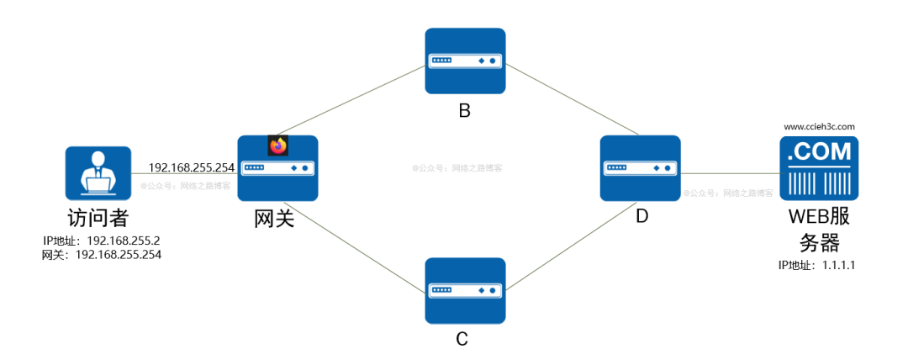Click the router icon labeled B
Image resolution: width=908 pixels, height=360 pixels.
tap(465, 61)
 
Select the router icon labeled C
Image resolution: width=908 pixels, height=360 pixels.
tap(465, 290)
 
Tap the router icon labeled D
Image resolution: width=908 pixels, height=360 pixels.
tap(640, 168)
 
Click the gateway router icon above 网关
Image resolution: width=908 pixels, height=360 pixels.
tap(277, 168)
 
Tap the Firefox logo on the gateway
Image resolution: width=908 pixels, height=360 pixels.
tap(277, 146)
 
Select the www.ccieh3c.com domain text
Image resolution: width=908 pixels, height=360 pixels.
tap(819, 127)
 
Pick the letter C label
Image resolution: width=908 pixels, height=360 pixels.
tap(462, 339)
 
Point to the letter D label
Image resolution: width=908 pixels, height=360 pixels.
tap(641, 216)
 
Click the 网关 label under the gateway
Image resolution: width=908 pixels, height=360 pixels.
tap(275, 219)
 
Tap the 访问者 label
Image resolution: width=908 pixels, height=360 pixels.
tap(98, 218)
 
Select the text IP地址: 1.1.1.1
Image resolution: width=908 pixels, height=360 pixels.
tap(817, 264)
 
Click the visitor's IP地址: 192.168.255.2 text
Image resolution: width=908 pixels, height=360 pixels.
tap(101, 240)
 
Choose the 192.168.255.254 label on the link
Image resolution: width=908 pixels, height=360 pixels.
tap(191, 167)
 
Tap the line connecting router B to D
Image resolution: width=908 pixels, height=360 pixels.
tap(553, 100)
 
